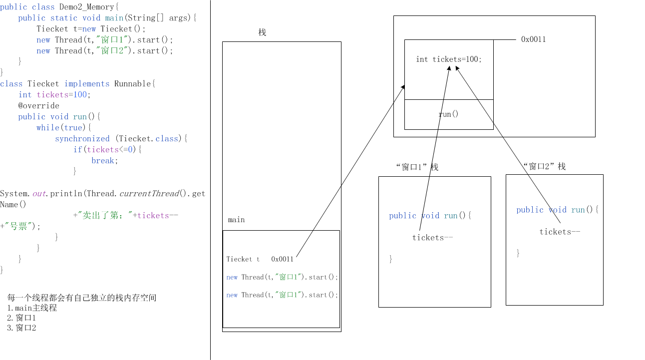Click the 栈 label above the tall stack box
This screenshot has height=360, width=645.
(x=262, y=32)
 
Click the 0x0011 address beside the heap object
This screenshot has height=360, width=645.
(x=533, y=39)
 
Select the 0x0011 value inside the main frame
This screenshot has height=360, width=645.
(x=283, y=259)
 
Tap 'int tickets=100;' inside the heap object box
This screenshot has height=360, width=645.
(x=449, y=59)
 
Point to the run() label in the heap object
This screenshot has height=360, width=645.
(x=448, y=114)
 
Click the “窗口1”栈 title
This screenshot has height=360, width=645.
(x=416, y=167)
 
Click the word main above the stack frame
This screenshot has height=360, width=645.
(x=236, y=220)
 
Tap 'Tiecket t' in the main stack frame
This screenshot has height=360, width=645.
(x=243, y=259)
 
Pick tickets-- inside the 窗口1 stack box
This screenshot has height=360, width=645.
(x=432, y=238)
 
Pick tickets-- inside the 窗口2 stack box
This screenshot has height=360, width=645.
(x=560, y=232)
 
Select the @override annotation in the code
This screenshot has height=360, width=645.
(x=39, y=105)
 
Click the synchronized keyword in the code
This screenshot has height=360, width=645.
(x=82, y=138)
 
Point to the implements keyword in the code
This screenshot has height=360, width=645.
(x=87, y=83)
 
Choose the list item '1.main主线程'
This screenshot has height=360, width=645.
(x=32, y=308)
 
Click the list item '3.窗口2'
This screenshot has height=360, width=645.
(x=21, y=328)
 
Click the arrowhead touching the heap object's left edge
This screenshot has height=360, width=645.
(x=403, y=87)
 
